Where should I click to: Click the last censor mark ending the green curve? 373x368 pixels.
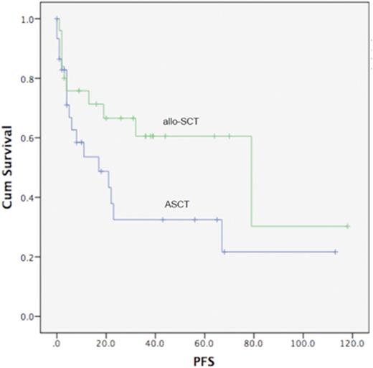click(x=347, y=226)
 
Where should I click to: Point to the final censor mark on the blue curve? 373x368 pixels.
click(x=335, y=252)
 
